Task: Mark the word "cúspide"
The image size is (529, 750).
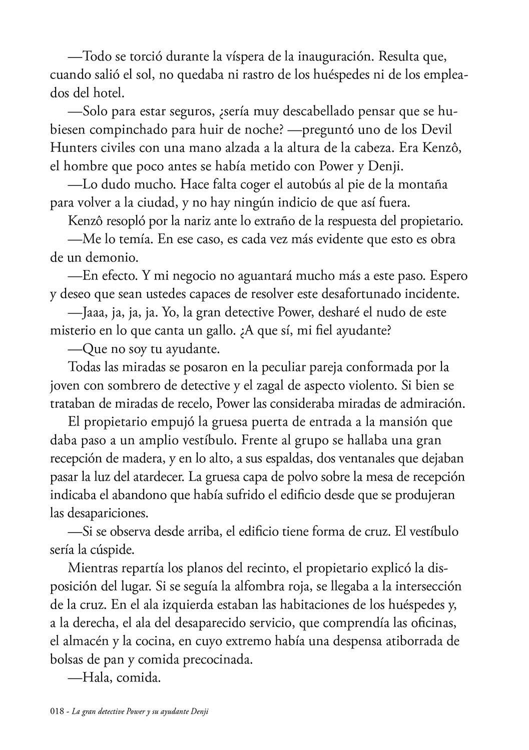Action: tap(106, 549)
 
